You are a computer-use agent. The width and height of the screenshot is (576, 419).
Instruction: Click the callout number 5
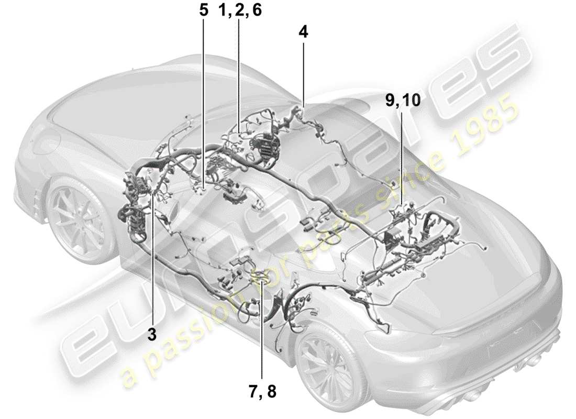click(x=203, y=11)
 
